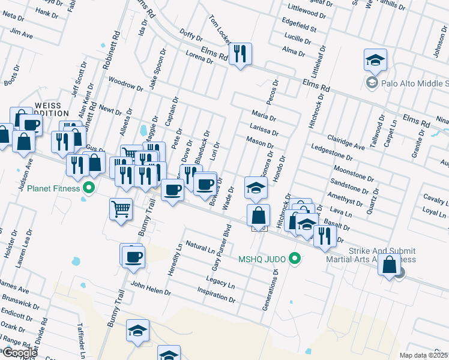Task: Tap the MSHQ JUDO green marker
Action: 294,259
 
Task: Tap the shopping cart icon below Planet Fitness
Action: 121,209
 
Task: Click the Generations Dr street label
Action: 270,290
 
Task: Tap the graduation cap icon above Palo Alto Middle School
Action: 375,59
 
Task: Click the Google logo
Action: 19,353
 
